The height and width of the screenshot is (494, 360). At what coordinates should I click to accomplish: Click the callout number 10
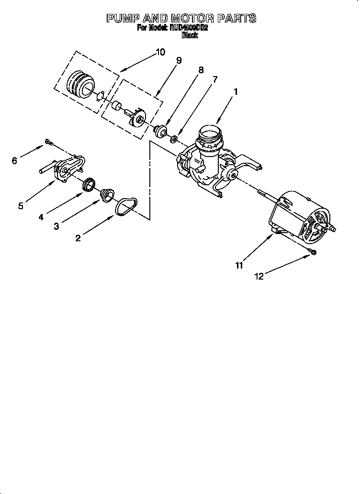[x=160, y=52]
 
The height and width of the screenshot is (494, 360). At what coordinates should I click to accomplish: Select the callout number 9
[x=179, y=60]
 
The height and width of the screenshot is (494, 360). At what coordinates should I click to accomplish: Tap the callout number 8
[x=201, y=70]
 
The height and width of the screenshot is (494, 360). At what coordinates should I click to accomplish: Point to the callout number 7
[x=215, y=79]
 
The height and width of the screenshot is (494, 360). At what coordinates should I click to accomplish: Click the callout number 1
[x=235, y=91]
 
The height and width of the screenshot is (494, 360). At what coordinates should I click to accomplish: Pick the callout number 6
[x=14, y=161]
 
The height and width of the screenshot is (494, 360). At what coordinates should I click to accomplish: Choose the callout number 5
[x=21, y=206]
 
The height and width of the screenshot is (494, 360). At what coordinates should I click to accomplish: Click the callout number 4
[x=41, y=216]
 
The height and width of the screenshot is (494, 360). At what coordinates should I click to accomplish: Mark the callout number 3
[x=56, y=226]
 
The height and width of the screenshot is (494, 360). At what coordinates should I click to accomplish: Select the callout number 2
[x=78, y=238]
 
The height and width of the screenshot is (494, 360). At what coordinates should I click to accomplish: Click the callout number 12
[x=259, y=276]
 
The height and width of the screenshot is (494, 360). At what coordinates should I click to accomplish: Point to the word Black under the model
[x=189, y=35]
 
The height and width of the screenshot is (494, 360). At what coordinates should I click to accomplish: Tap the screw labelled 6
[x=48, y=141]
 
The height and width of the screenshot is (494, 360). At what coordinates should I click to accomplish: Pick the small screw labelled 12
[x=312, y=252]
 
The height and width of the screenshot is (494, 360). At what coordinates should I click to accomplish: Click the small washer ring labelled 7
[x=174, y=139]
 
